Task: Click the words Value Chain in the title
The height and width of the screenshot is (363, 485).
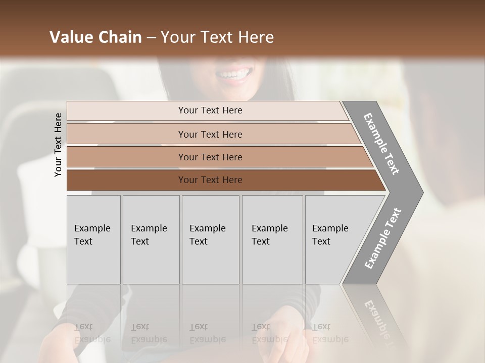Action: [x=95, y=37]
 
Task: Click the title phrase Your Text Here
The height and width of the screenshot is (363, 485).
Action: [x=218, y=37]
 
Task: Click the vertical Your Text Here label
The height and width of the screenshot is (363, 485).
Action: [x=58, y=145]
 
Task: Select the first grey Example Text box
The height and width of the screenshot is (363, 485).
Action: [x=93, y=239]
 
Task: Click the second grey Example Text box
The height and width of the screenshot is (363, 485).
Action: [x=151, y=239]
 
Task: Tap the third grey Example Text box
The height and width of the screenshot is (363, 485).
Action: [x=210, y=239]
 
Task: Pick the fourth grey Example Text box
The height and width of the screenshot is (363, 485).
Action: [x=272, y=239]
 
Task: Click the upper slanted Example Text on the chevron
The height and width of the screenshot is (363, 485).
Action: [x=381, y=144]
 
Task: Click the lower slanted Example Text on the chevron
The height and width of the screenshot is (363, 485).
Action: [x=383, y=238]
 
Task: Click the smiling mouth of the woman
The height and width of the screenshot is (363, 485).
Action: [x=234, y=75]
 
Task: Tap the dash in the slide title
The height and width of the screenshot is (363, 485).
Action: [x=151, y=38]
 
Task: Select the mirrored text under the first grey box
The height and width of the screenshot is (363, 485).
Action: [x=92, y=333]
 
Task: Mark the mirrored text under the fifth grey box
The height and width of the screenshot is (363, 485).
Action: [x=330, y=333]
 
